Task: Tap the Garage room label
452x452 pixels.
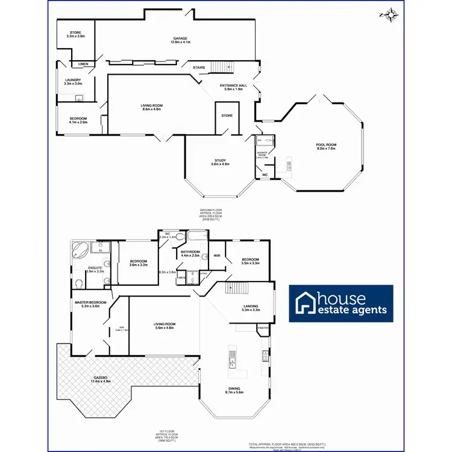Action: coord(180,40)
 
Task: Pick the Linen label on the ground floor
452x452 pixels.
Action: coord(83,64)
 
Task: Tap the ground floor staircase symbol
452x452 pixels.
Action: coord(222,67)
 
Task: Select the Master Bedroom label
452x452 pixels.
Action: coord(90,304)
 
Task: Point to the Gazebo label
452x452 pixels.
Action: coord(101,380)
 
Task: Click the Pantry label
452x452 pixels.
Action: coord(263,328)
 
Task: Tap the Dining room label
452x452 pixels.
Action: coord(234,390)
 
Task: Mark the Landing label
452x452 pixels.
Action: coord(251,308)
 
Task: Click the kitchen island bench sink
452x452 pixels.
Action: coord(231,362)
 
